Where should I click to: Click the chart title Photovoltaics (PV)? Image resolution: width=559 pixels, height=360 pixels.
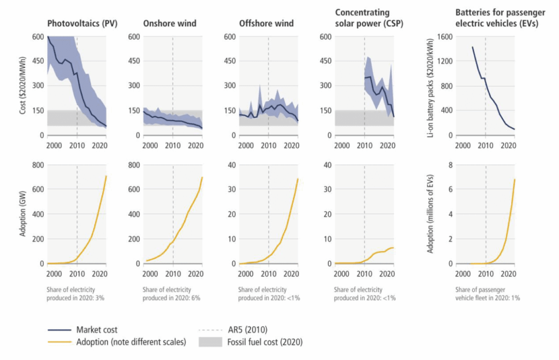coord(83,23)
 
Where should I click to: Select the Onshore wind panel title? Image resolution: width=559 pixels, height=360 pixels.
coord(170,23)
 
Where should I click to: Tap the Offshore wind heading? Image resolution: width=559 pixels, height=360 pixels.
coord(266,23)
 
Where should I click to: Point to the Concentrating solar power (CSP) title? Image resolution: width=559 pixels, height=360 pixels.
coord(362,17)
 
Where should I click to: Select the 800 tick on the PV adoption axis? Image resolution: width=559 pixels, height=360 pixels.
coord(37,165)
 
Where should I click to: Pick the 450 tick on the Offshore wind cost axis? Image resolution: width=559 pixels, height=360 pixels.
coord(231,61)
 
